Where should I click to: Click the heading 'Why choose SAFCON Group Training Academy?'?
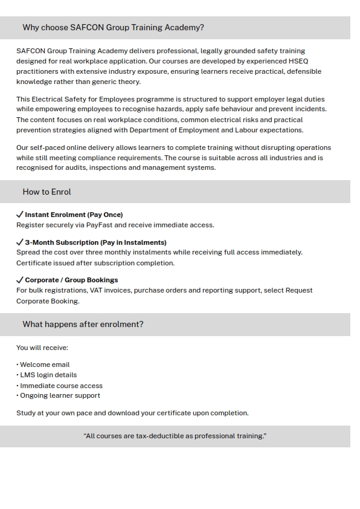coord(113,28)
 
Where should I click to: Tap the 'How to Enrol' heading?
coord(47,192)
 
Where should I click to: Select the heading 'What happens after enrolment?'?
coord(83,325)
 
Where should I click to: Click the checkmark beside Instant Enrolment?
coord(20,215)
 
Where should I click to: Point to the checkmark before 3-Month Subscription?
coord(20,242)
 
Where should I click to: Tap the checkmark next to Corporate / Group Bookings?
coord(20,280)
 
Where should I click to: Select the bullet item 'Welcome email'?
coord(45,365)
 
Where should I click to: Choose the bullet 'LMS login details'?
coord(48,375)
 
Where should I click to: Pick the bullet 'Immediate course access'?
coord(61,386)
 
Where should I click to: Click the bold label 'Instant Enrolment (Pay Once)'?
coord(74,215)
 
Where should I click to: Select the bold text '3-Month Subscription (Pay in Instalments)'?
coord(95,242)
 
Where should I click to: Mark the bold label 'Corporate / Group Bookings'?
coord(71,280)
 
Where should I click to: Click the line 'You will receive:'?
coord(42,348)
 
